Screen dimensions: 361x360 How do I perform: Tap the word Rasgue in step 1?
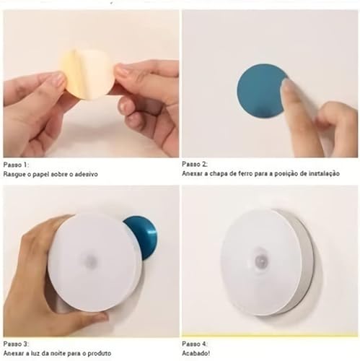pyautogui.click(x=16, y=175)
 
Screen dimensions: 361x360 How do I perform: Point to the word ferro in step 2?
pyautogui.click(x=246, y=175)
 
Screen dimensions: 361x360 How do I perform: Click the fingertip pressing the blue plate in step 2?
pyautogui.click(x=289, y=87)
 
